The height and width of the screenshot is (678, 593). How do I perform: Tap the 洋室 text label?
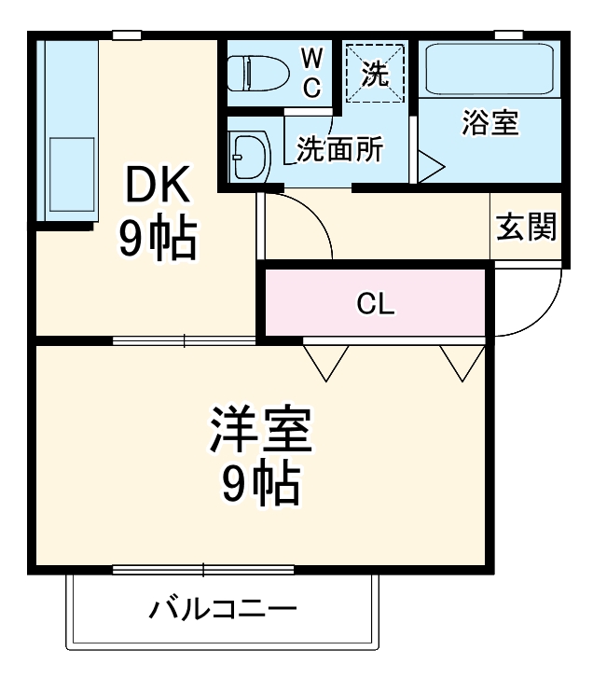(260, 431)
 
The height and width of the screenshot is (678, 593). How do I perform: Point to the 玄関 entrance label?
(526, 227)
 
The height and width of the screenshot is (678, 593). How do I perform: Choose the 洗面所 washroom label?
(339, 149)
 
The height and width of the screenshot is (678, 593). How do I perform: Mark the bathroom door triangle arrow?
(430, 168)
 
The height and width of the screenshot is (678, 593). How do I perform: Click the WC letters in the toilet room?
(311, 73)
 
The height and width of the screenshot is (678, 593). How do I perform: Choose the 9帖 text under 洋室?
(260, 482)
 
